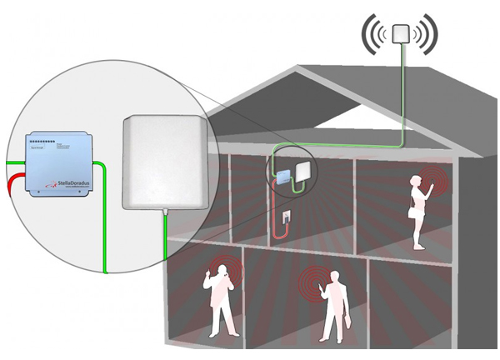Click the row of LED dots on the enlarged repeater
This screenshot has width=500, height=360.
pyautogui.click(x=42, y=143)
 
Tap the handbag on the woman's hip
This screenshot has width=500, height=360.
pyautogui.click(x=411, y=212)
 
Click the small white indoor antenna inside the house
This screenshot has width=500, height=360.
pyautogui.click(x=301, y=170)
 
